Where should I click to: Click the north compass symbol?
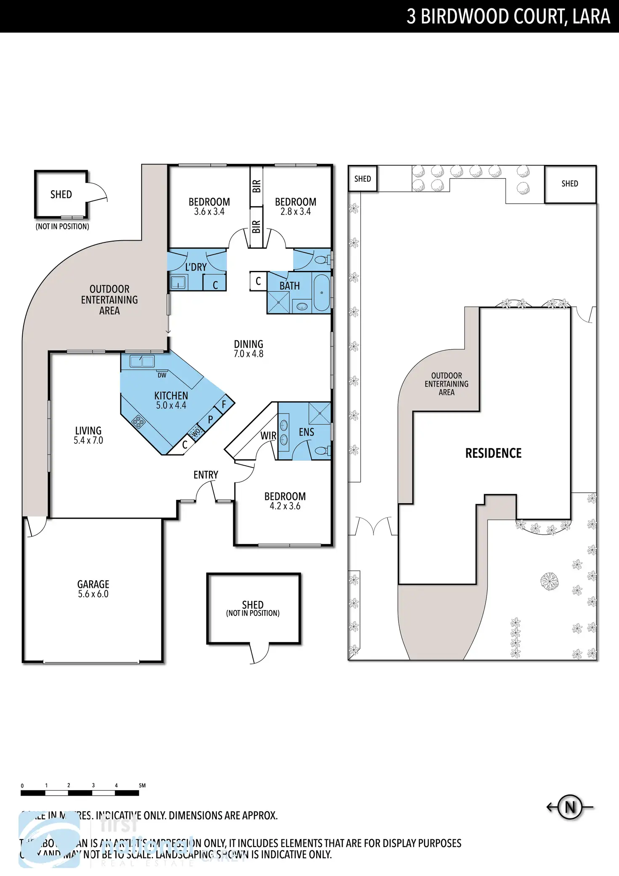tap(570, 807)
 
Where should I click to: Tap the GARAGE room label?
tap(93, 584)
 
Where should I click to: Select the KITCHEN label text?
tap(171, 396)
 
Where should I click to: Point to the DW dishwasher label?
tap(162, 375)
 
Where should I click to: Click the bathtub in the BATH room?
tap(322, 293)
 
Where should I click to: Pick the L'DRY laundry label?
tap(196, 267)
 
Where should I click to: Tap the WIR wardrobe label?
tap(268, 436)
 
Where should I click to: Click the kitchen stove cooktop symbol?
tap(138, 421)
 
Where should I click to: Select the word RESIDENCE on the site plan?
tap(493, 453)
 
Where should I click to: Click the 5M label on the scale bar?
tap(142, 785)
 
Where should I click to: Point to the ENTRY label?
tap(206, 475)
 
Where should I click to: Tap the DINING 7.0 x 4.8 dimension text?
tap(249, 354)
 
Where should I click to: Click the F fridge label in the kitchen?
tap(224, 404)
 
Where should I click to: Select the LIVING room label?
tap(88, 431)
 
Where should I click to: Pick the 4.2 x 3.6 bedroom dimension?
tap(285, 506)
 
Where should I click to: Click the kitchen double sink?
tap(142, 361)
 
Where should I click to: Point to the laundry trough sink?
tap(178, 282)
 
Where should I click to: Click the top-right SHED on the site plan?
tap(570, 184)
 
